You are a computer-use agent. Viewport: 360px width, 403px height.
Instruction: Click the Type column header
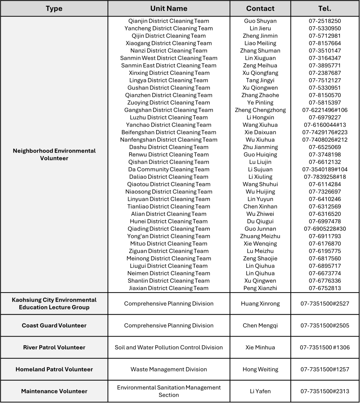pyautogui.click(x=54, y=8)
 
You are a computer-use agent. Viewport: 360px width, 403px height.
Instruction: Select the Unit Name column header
pyautogui.click(x=169, y=8)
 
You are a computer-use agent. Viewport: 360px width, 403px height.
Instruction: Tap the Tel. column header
pyautogui.click(x=325, y=8)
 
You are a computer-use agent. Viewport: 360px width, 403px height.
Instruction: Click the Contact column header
pyautogui.click(x=260, y=8)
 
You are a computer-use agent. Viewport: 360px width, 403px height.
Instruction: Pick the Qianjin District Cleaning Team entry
pyautogui.click(x=169, y=21)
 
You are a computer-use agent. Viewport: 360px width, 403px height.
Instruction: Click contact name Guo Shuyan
pyautogui.click(x=260, y=21)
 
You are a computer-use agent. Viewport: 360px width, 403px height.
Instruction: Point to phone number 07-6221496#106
pyautogui.click(x=325, y=110)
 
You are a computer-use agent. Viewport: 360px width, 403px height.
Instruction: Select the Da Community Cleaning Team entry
pyautogui.click(x=169, y=169)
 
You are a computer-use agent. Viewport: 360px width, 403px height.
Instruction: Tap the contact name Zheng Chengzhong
pyautogui.click(x=260, y=110)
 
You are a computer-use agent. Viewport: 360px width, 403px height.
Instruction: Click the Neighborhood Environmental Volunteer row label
pyautogui.click(x=54, y=154)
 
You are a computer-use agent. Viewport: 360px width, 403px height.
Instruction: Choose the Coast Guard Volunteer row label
pyautogui.click(x=54, y=325)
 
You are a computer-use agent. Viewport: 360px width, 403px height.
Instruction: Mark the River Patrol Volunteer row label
pyautogui.click(x=54, y=347)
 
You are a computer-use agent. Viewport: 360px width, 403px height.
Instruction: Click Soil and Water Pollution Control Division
pyautogui.click(x=169, y=347)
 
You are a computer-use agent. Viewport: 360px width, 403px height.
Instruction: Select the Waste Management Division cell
pyautogui.click(x=169, y=369)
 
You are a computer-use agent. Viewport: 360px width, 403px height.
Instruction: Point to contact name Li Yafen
pyautogui.click(x=260, y=391)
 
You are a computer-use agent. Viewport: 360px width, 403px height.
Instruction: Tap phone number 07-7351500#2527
pyautogui.click(x=325, y=304)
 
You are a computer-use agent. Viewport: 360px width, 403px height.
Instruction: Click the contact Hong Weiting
pyautogui.click(x=260, y=369)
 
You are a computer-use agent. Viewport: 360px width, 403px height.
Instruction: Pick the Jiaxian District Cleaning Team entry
pyautogui.click(x=169, y=288)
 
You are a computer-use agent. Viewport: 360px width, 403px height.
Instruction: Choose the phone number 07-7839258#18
pyautogui.click(x=325, y=177)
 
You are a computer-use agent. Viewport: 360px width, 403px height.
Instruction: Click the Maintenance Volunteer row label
pyautogui.click(x=54, y=391)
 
